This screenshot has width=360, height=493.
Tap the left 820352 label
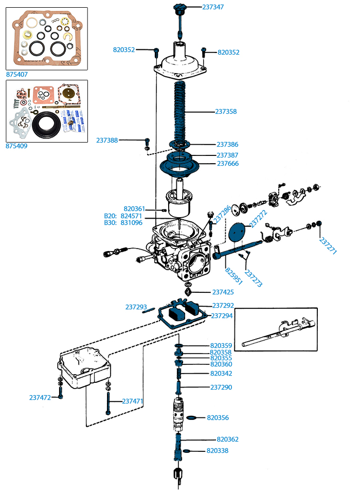124,50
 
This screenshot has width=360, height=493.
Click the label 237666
227,164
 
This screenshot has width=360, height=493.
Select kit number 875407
17,74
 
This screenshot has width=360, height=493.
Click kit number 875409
17,146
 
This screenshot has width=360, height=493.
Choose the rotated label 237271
327,247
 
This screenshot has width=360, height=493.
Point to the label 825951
233,275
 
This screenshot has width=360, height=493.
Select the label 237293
136,307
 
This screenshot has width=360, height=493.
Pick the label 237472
40,397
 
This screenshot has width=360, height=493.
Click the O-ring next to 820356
192,418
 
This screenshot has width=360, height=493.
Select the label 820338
217,451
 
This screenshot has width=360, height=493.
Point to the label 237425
223,292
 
